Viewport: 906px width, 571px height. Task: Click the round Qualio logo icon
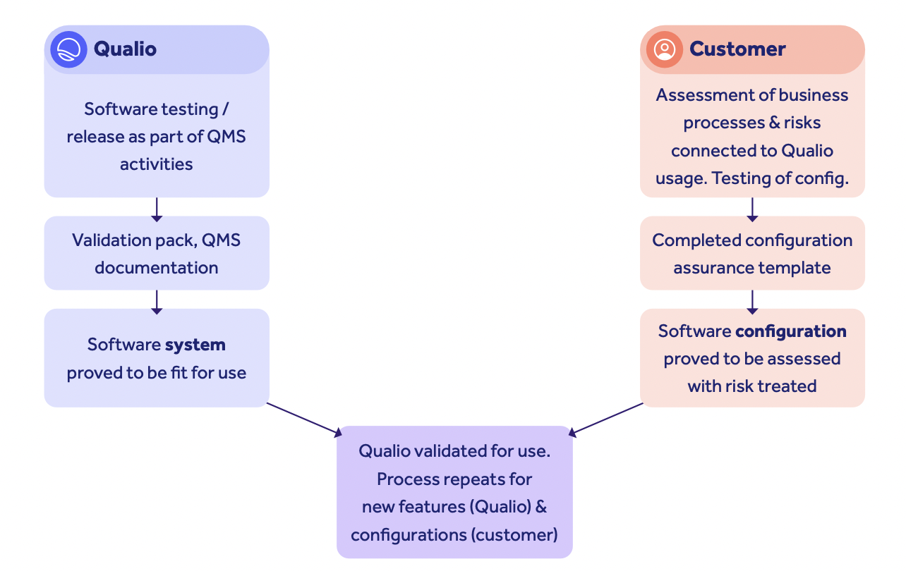tap(68, 49)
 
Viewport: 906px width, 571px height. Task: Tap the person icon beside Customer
tap(664, 49)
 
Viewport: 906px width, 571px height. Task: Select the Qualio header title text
tap(125, 49)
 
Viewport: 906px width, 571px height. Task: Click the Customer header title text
tap(737, 49)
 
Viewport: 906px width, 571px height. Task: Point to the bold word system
tap(195, 345)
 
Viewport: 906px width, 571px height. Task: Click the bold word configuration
tap(790, 331)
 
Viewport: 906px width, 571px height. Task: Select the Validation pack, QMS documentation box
tap(156, 253)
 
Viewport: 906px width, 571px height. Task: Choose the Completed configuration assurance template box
tap(752, 253)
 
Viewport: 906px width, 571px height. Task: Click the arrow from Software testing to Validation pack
tap(157, 209)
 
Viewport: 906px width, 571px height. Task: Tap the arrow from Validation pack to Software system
tap(157, 301)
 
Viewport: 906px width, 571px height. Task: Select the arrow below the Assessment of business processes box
tap(752, 209)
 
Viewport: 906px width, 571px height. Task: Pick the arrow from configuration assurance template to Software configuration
tap(752, 301)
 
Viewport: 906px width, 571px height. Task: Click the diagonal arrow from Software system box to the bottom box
tap(304, 419)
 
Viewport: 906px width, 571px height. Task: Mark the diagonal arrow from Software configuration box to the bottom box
tap(606, 419)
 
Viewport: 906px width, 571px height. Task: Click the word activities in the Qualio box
tap(156, 164)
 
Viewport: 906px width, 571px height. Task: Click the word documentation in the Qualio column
tap(156, 268)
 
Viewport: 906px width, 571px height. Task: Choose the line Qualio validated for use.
tap(454, 451)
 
